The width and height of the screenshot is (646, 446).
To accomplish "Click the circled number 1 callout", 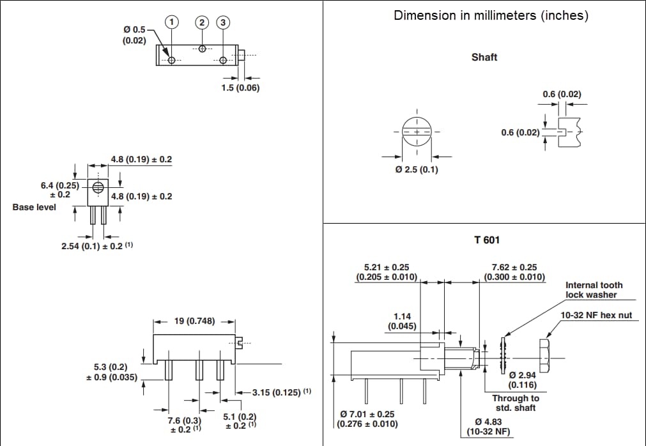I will (171, 22).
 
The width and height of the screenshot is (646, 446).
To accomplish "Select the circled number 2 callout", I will (202, 22).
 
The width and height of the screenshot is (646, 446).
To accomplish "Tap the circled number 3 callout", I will (222, 22).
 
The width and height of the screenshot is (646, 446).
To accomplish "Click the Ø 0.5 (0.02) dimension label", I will (134, 35).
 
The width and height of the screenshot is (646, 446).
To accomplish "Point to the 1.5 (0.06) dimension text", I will (240, 88).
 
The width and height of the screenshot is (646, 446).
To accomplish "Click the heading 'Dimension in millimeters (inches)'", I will (491, 15).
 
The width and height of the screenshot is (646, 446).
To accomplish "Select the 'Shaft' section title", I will (484, 58).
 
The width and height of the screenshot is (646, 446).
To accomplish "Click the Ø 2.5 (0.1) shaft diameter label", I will (417, 170).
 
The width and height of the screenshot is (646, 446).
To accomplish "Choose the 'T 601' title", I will (487, 240).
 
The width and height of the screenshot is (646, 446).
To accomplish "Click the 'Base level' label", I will (34, 207).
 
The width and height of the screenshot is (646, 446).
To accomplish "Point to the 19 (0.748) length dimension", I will (195, 321).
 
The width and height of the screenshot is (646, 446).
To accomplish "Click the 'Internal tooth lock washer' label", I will (594, 290).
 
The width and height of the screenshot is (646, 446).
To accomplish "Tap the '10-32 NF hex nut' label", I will (596, 315).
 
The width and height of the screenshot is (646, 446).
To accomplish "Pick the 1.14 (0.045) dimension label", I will (402, 321).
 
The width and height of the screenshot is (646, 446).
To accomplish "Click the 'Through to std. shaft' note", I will (515, 403).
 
